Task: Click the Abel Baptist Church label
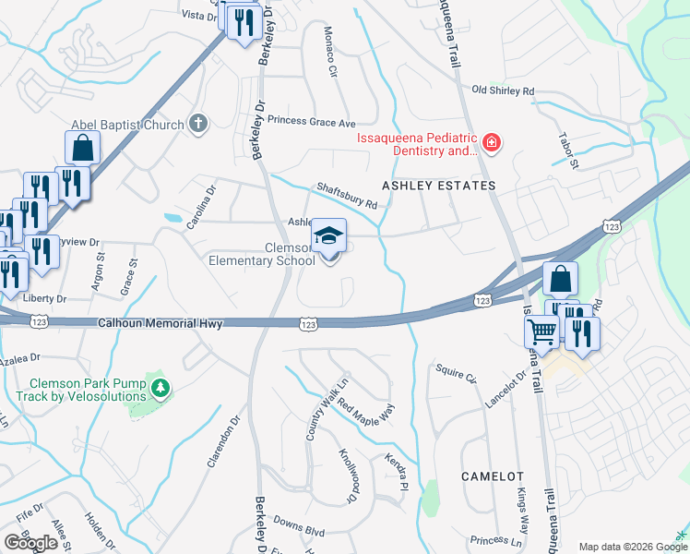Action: pyautogui.click(x=127, y=124)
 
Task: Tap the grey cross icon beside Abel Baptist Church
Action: pyautogui.click(x=196, y=123)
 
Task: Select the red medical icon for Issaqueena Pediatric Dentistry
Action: pyautogui.click(x=493, y=142)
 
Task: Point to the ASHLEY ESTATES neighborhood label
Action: pyautogui.click(x=446, y=186)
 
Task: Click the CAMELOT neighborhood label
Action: pyautogui.click(x=493, y=476)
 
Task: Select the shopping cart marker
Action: pyautogui.click(x=541, y=331)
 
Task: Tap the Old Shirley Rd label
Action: pyautogui.click(x=503, y=90)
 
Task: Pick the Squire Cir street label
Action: pyautogui.click(x=457, y=378)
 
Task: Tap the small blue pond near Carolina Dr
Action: pyautogui.click(x=172, y=219)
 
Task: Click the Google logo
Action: pyautogui.click(x=30, y=543)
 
